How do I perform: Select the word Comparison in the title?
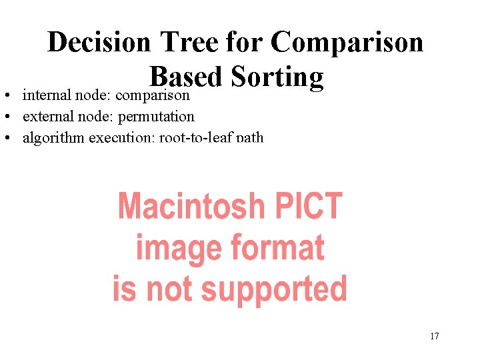pyautogui.click(x=347, y=43)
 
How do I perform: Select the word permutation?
pyautogui.click(x=156, y=117)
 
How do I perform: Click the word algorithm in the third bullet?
pyautogui.click(x=53, y=138)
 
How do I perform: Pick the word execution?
pyautogui.click(x=127, y=138)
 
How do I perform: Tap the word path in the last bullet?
pyautogui.click(x=251, y=138)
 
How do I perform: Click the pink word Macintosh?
pyautogui.click(x=183, y=207)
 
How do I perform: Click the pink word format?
pyautogui.click(x=277, y=248)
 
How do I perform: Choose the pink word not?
pyautogui.click(x=172, y=289)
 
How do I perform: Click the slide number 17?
pyautogui.click(x=434, y=336)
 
